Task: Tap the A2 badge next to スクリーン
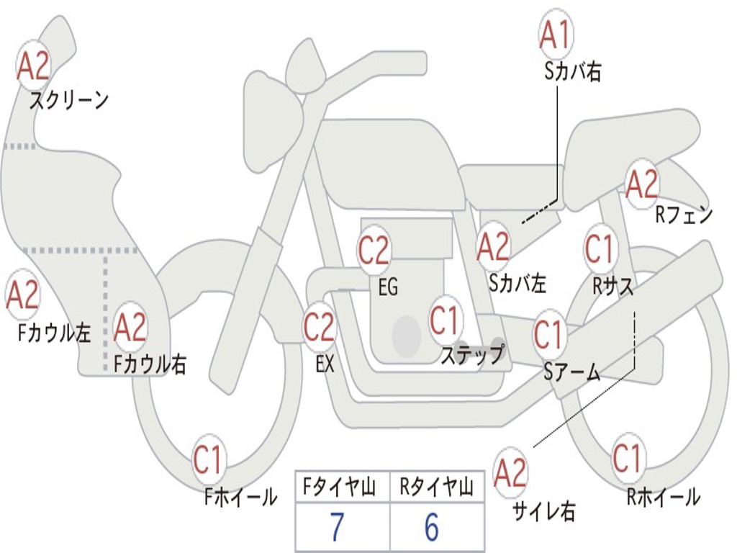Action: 33,66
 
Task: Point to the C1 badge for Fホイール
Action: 208,461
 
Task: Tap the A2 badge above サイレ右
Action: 510,473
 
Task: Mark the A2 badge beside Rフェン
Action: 642,184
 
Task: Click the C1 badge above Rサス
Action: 599,248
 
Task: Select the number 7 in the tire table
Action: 337,528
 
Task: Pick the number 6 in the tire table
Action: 431,528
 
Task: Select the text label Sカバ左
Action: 517,283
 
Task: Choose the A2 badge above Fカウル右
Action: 130,328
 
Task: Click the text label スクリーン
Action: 69,100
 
